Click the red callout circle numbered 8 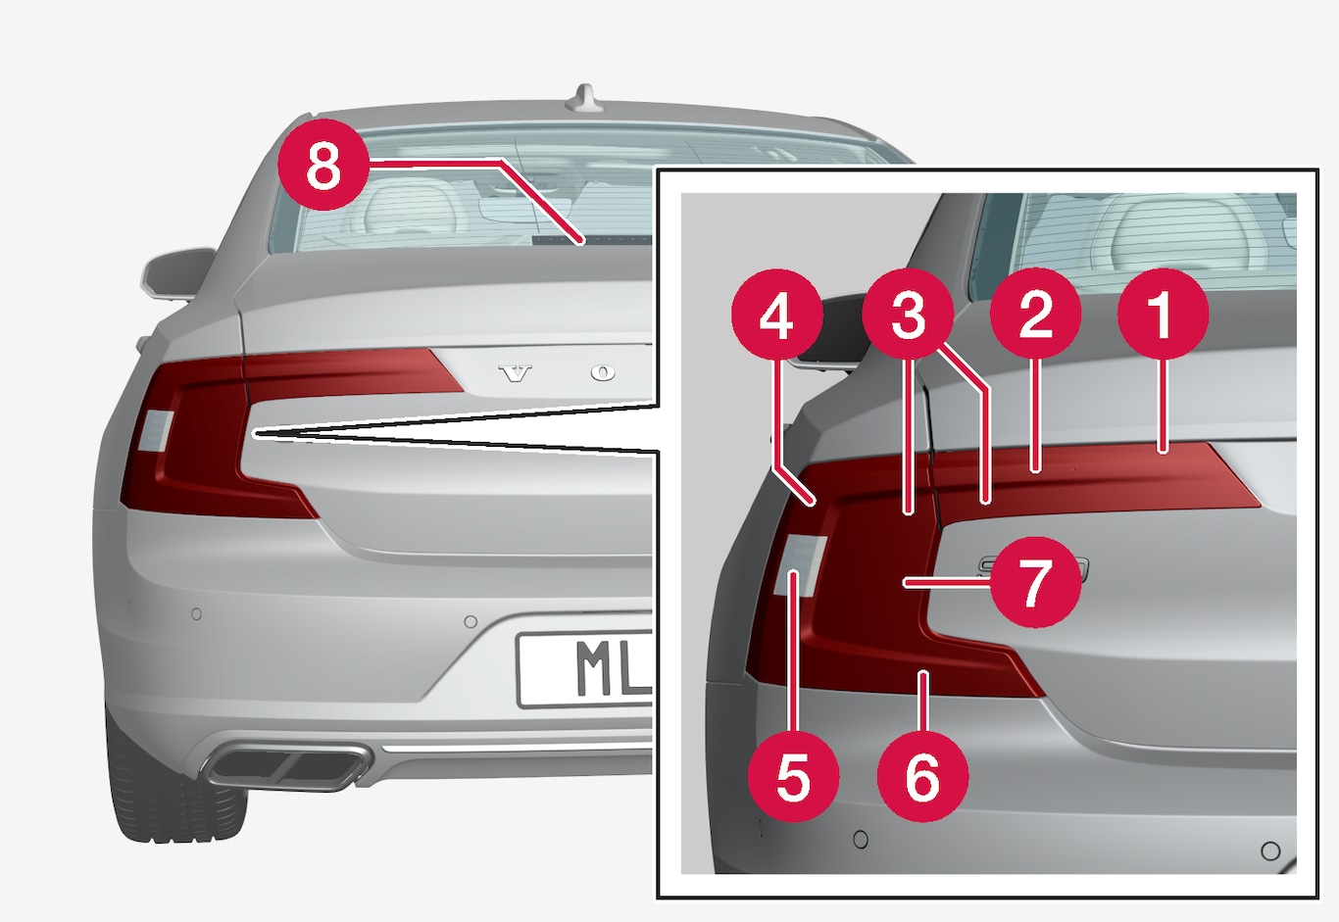[323, 165]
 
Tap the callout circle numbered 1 [1163, 315]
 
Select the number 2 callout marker [1035, 315]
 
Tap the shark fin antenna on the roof [585, 99]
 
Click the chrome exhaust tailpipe [285, 765]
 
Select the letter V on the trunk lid [515, 373]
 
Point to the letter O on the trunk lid [603, 373]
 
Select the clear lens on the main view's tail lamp [156, 430]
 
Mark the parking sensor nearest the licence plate [471, 621]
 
